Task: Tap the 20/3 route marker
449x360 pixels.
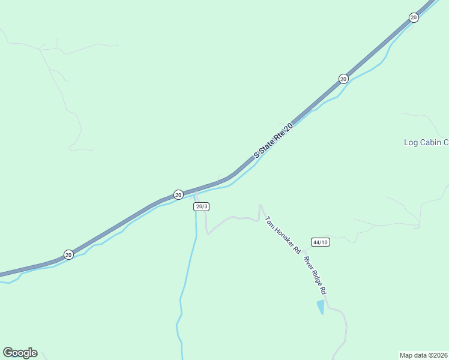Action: pyautogui.click(x=201, y=206)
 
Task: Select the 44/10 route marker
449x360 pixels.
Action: pyautogui.click(x=320, y=242)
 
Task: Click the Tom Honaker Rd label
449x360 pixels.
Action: pyautogui.click(x=283, y=235)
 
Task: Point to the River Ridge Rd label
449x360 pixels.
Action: pyautogui.click(x=315, y=275)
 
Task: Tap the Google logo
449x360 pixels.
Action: pyautogui.click(x=20, y=353)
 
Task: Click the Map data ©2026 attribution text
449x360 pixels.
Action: pyautogui.click(x=423, y=355)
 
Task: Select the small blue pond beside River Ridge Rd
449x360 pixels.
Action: pyautogui.click(x=321, y=307)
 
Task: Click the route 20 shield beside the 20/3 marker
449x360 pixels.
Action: pyautogui.click(x=178, y=194)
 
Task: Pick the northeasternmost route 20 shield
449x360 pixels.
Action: pyautogui.click(x=414, y=17)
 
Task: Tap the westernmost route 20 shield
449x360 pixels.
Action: pyautogui.click(x=68, y=254)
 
